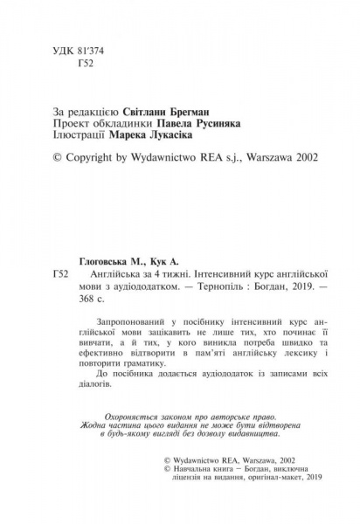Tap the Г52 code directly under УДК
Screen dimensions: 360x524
click(x=86, y=68)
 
